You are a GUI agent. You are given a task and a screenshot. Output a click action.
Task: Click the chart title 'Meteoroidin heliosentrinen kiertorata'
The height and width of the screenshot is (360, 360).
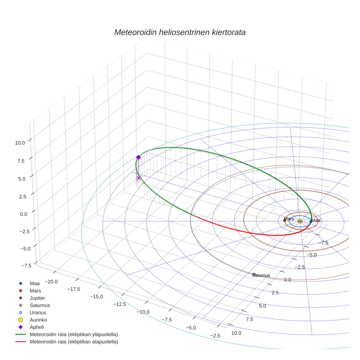point(180,32)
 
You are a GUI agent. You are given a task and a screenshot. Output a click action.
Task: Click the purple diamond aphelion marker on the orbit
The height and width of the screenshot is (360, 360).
point(138,157)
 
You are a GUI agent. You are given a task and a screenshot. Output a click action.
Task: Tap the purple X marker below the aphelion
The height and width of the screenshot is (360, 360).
point(139,178)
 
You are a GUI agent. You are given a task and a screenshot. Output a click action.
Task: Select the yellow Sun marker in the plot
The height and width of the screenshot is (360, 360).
point(300,221)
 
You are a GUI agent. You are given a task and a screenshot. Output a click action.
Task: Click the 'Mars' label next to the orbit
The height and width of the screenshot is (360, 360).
point(289,219)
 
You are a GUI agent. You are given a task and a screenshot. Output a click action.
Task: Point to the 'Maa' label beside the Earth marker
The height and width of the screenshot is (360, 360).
point(316,220)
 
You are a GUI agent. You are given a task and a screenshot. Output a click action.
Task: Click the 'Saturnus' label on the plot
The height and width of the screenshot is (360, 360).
point(261,275)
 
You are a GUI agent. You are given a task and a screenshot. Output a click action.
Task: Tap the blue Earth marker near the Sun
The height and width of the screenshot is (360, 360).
point(311,222)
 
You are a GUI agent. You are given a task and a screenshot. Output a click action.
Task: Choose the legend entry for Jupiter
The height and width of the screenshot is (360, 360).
point(37,298)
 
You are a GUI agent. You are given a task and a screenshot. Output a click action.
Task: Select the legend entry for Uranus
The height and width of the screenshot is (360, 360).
point(38,313)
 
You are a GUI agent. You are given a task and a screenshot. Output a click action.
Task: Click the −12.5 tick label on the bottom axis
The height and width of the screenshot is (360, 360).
point(119,304)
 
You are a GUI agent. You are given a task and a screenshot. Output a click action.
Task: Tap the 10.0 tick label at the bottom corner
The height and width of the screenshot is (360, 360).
point(236,333)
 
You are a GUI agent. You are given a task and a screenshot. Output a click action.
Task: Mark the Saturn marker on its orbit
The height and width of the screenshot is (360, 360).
point(254,274)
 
